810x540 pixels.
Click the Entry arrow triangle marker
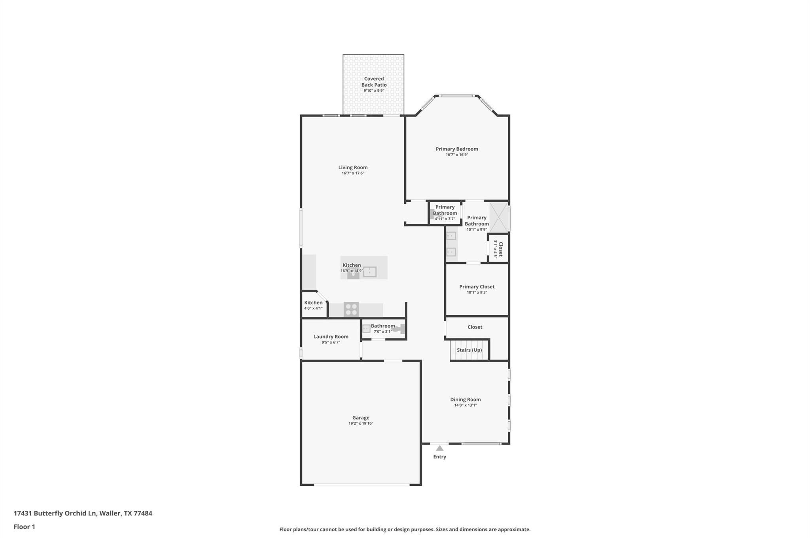[439, 448]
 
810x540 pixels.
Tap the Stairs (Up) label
[469, 350]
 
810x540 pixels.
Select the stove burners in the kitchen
[351, 309]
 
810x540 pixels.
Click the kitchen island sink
[370, 272]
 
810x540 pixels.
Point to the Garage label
[361, 418]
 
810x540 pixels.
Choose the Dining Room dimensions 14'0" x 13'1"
[466, 405]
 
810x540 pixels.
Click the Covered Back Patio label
[374, 82]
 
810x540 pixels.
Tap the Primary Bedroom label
[457, 149]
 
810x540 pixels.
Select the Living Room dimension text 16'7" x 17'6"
[353, 173]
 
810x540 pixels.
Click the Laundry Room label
[331, 337]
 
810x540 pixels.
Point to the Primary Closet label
[477, 287]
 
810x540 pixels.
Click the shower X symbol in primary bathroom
[499, 217]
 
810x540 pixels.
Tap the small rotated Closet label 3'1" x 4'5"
[498, 249]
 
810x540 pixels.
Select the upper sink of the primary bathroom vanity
[451, 236]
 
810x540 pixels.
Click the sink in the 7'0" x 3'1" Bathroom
[366, 328]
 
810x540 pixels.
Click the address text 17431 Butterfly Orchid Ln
[55, 513]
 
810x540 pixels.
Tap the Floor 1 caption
[25, 527]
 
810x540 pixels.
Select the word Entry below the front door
[439, 457]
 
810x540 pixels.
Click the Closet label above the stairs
[475, 327]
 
